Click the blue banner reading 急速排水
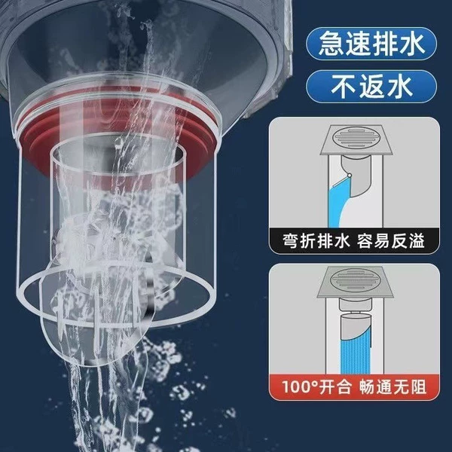pos(371,44)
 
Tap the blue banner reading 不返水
pos(371,86)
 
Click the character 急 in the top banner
pos(331,44)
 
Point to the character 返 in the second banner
pos(371,86)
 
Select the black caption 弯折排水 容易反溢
pos(354,241)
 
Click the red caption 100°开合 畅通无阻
pos(354,387)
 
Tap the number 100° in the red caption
pos(300,387)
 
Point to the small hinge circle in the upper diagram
pos(350,175)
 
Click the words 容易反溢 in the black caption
pos(391,241)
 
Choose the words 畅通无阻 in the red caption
pos(392,387)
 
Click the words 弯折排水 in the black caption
pos(316,241)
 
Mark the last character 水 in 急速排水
pos(411,44)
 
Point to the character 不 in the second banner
pos(344,86)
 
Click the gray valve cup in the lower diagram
pos(355,325)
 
